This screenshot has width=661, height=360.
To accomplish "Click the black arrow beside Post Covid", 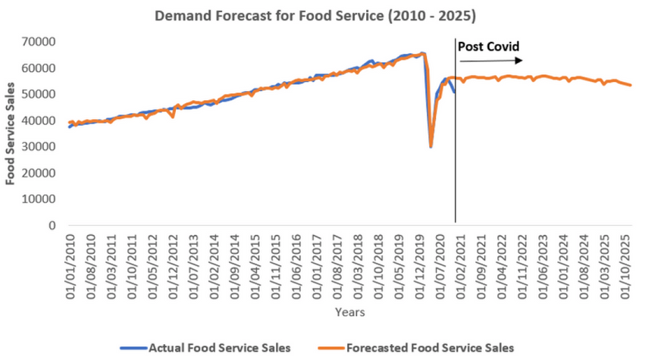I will tap(497, 61).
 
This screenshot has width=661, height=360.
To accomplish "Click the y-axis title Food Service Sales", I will tap(11, 133).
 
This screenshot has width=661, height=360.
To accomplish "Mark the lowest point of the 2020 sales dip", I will tap(431, 146).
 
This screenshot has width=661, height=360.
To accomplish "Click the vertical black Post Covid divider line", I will tap(455, 152).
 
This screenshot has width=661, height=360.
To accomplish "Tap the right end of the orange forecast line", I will tap(631, 85).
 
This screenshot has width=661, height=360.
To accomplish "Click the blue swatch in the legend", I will tap(133, 348).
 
